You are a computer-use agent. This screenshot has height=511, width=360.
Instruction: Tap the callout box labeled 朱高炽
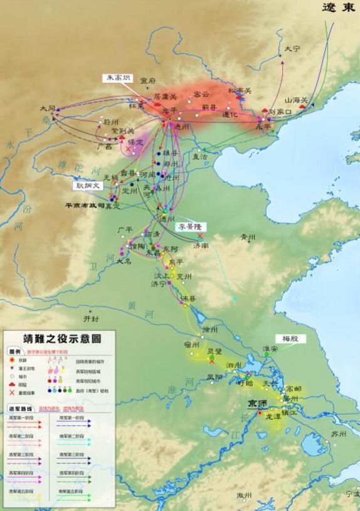(118, 78)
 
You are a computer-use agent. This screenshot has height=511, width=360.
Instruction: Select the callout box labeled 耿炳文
(88, 186)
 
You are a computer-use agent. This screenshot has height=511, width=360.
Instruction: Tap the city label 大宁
(292, 48)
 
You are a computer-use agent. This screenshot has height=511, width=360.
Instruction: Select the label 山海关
(297, 100)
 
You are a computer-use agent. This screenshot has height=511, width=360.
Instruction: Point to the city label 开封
(92, 318)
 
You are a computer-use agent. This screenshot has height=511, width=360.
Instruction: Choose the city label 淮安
(270, 349)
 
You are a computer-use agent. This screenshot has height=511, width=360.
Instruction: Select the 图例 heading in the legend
(15, 351)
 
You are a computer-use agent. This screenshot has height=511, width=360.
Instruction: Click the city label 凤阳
(214, 376)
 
